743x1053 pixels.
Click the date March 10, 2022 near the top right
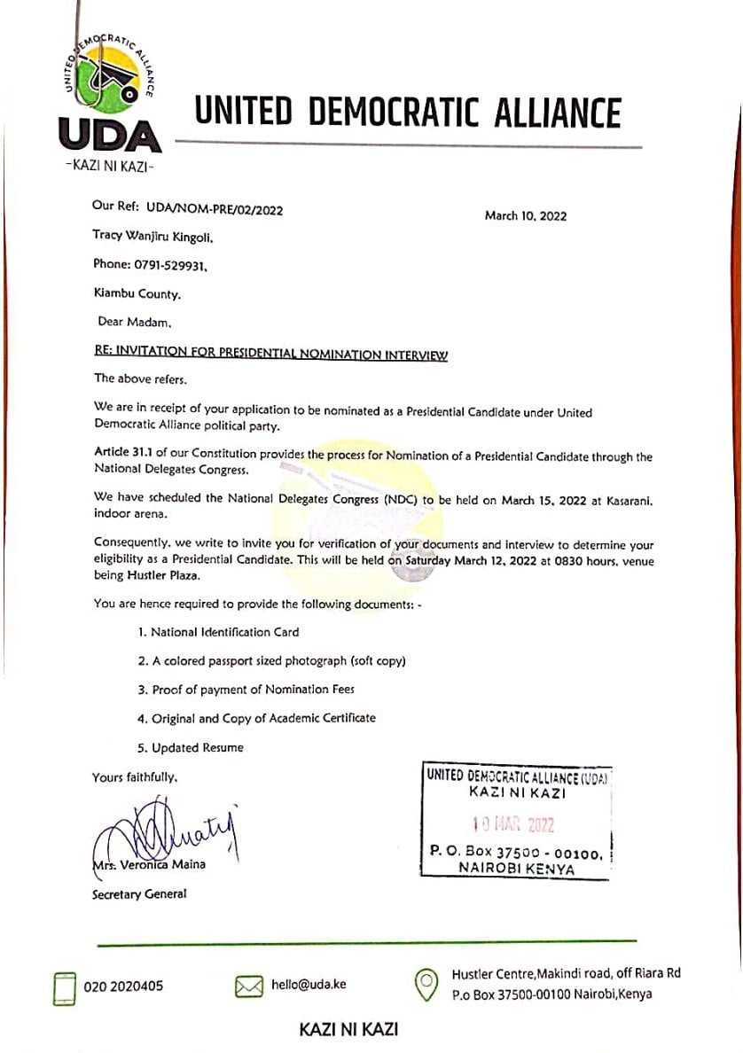[526, 215]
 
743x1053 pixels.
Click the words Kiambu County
[137, 292]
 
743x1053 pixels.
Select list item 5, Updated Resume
[190, 747]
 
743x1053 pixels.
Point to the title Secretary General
[139, 894]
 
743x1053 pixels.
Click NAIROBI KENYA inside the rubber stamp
[516, 869]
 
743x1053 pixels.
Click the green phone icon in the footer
[65, 987]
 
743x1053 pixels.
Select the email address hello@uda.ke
[309, 985]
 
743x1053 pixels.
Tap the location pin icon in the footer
[427, 983]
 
